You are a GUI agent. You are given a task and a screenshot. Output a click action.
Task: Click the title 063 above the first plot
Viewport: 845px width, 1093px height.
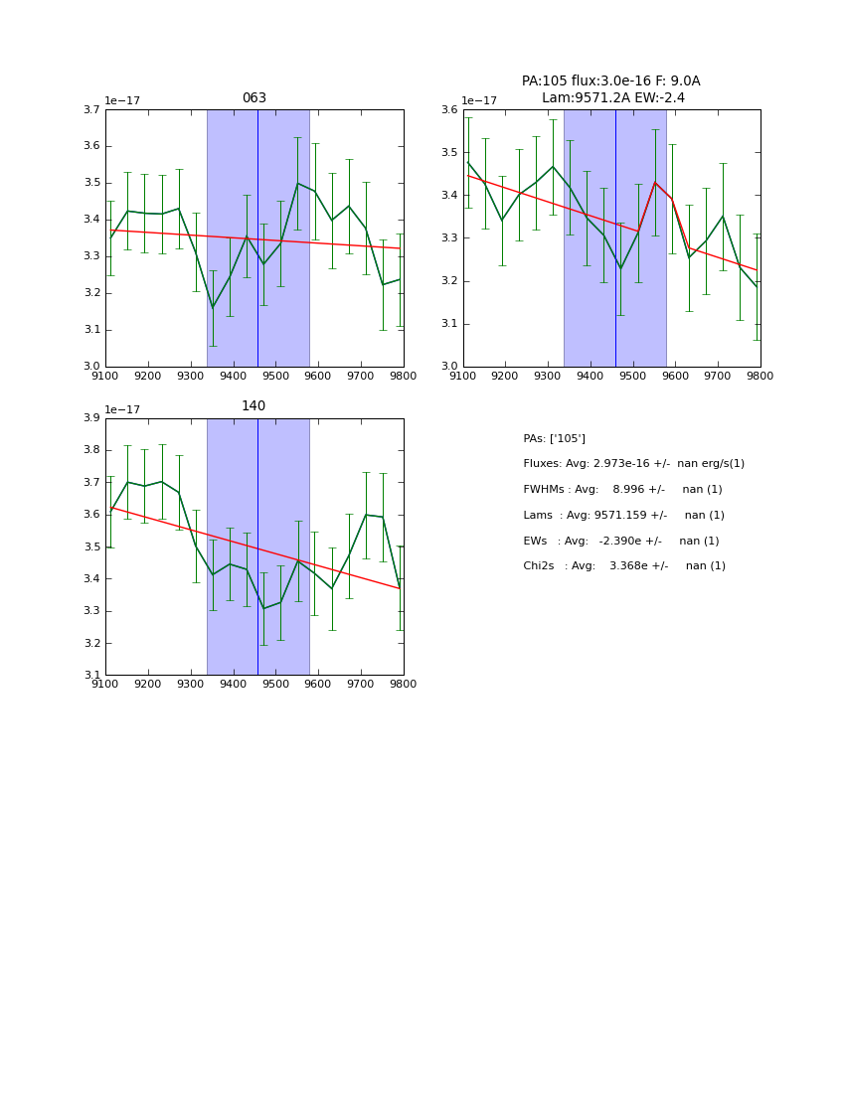pos(253,98)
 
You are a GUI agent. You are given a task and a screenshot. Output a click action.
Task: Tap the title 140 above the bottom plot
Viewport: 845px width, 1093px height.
pos(253,406)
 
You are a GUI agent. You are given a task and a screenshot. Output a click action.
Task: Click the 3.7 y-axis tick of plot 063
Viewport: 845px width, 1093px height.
pos(90,109)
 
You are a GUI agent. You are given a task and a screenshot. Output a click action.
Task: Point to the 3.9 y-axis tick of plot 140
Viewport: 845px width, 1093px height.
pos(90,418)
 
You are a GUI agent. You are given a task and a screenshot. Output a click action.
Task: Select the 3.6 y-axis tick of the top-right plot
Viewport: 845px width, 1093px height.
pos(448,109)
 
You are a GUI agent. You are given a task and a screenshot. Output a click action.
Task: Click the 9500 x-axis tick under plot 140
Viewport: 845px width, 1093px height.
pos(275,684)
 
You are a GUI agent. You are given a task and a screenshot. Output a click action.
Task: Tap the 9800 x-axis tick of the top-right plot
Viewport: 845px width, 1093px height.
pos(760,376)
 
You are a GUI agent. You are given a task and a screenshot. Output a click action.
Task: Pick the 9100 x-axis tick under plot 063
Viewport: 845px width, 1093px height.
pos(105,376)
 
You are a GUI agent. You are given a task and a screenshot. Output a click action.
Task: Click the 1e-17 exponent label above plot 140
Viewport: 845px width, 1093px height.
pos(122,409)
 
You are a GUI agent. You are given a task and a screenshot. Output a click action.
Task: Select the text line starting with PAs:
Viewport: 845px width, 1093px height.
pos(554,438)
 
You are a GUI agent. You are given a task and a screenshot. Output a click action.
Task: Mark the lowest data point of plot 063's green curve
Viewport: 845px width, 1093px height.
pos(213,308)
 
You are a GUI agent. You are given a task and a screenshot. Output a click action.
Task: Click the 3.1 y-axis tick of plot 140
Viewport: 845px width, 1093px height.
pos(90,675)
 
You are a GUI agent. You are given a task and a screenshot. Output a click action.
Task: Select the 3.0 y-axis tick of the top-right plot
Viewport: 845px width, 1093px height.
pos(448,366)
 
